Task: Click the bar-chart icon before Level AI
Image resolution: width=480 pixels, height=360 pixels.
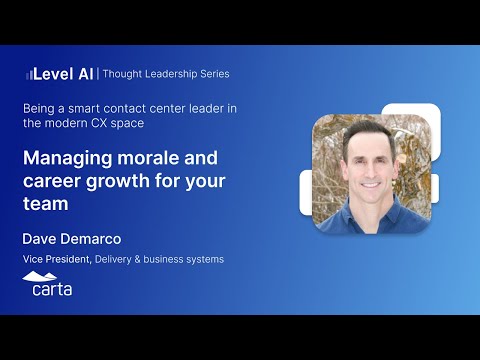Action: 28,74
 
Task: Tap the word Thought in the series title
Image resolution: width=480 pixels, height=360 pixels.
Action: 124,74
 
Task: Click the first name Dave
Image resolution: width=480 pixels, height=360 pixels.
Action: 41,239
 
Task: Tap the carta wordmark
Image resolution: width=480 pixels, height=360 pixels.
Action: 48,289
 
